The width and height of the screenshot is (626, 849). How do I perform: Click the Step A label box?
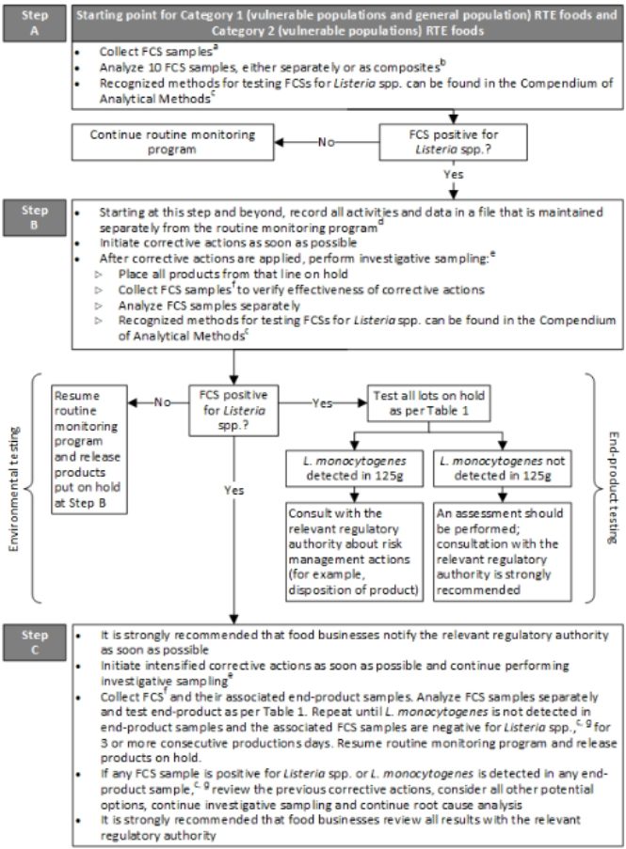click(33, 23)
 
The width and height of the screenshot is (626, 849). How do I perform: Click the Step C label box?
click(33, 637)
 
